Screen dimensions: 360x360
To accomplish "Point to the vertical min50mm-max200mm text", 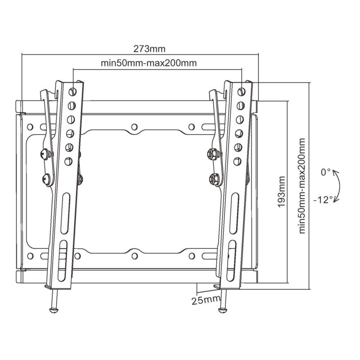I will [x=302, y=185].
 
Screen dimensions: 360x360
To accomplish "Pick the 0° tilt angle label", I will [x=326, y=172].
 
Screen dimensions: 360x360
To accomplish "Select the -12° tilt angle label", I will [x=324, y=198].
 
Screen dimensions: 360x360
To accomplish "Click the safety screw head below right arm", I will [x=222, y=309].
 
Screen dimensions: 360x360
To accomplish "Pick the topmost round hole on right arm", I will [x=242, y=90].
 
